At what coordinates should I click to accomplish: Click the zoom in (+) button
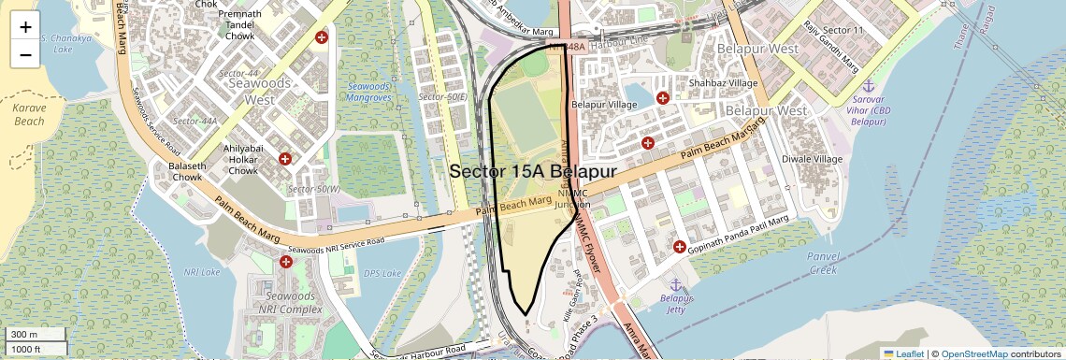pyautogui.click(x=25, y=27)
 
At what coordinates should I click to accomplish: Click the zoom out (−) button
pyautogui.click(x=25, y=55)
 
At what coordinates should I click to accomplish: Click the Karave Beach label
pyautogui.click(x=29, y=114)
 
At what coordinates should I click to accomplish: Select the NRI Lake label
pyautogui.click(x=202, y=272)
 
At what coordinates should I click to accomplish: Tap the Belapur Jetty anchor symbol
pyautogui.click(x=674, y=283)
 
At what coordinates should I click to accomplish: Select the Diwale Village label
pyautogui.click(x=812, y=159)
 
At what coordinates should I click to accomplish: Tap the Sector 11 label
pyautogui.click(x=847, y=31)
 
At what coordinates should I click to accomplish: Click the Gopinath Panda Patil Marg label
pyautogui.click(x=739, y=234)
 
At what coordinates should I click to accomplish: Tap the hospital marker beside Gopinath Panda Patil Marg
pyautogui.click(x=679, y=247)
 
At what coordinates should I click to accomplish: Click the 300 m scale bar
pyautogui.click(x=35, y=335)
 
